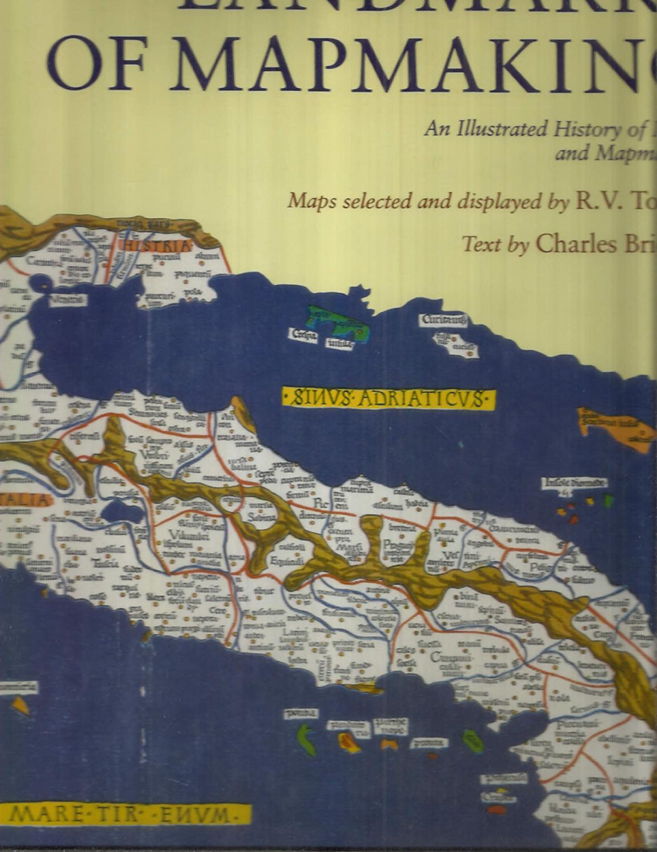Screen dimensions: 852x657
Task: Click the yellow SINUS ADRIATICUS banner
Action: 389,398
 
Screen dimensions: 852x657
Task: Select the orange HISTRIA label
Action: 156,246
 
